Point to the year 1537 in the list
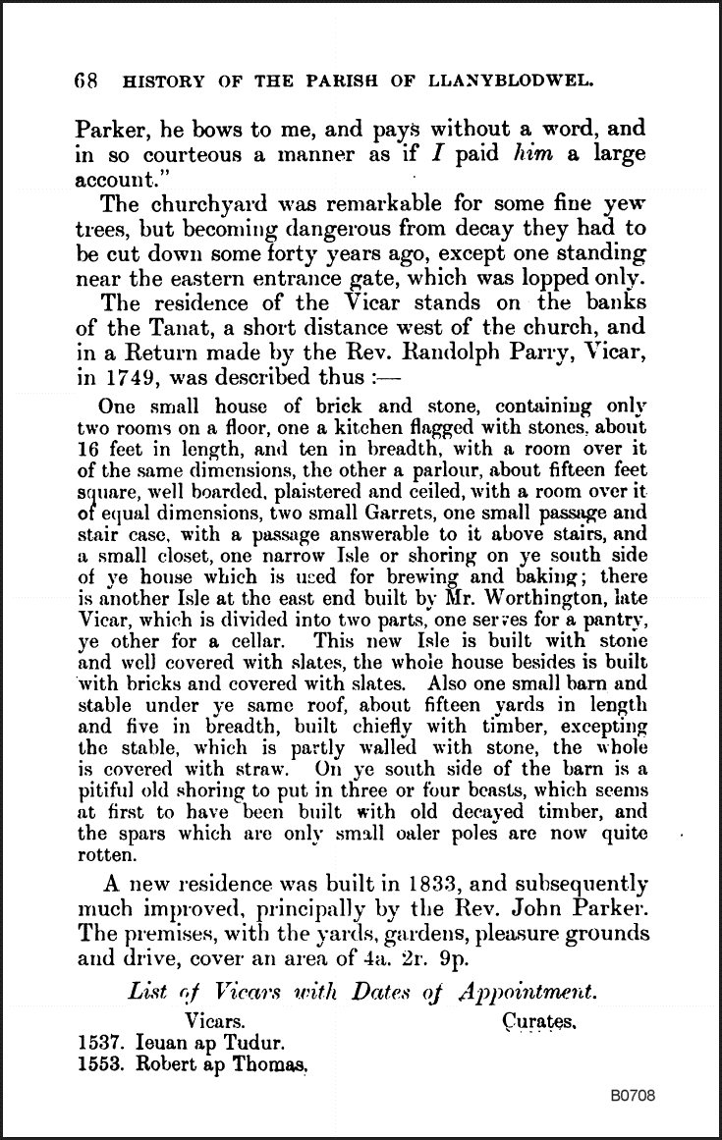click(97, 1045)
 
